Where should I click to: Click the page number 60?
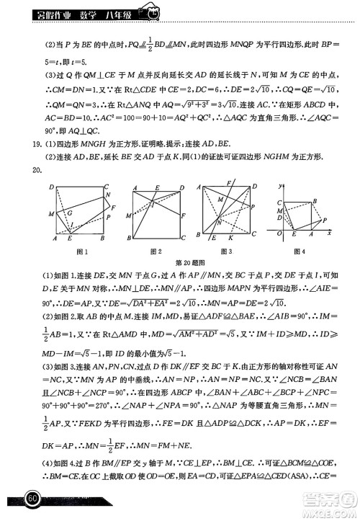(x=32, y=498)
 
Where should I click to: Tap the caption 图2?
(x=155, y=251)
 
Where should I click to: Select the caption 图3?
(x=226, y=251)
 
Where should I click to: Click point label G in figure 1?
(x=69, y=213)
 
